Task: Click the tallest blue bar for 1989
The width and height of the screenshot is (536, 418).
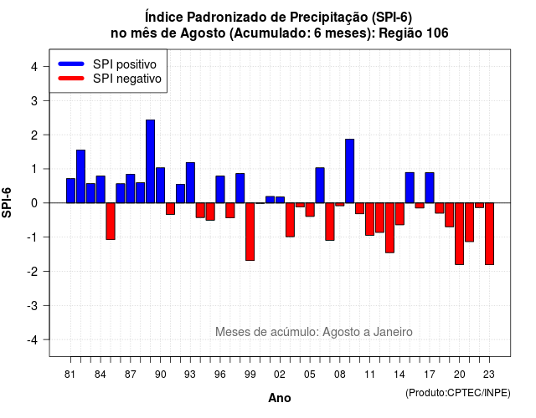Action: pos(150,161)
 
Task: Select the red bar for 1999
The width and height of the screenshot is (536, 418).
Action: pos(250,232)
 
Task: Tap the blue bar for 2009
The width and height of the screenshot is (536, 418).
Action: pos(350,171)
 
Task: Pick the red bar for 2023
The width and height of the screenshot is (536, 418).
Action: pos(489,234)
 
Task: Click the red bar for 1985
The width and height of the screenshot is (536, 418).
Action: pos(111,221)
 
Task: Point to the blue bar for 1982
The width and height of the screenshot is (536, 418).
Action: pos(80,176)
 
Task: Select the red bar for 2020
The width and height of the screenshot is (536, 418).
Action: pos(460,234)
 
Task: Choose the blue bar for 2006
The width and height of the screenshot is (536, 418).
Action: pos(320,186)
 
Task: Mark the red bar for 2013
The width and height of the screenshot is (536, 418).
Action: pos(389,228)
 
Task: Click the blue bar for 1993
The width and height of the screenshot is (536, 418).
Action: pos(190,182)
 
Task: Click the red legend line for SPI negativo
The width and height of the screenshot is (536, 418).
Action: pos(71,78)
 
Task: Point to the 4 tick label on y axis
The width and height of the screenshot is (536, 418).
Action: pos(34,67)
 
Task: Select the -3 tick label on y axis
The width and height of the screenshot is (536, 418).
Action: pos(33,306)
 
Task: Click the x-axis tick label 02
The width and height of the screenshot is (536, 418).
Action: pos(280,375)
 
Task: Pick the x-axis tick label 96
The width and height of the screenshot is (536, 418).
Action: pos(220,375)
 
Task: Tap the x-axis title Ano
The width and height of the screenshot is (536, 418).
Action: pos(280,398)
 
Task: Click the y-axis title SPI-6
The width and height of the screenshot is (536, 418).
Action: pos(7,202)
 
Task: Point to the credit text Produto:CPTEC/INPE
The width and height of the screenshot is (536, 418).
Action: pos(458,393)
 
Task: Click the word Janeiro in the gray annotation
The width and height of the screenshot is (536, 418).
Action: pos(393,332)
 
